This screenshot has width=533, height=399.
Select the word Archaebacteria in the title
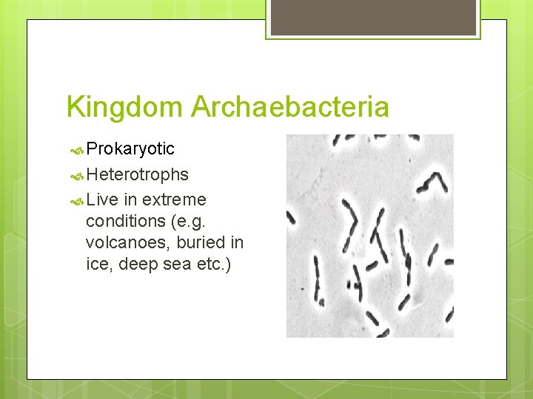(x=289, y=107)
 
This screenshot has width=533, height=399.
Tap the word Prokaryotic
(x=130, y=149)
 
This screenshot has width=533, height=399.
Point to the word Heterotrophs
(x=137, y=175)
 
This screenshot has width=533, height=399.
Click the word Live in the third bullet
(x=101, y=200)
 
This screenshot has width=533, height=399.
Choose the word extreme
(x=174, y=200)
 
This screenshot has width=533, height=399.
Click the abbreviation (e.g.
(x=191, y=221)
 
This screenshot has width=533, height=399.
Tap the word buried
(x=198, y=242)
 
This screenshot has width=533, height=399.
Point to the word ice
(x=96, y=264)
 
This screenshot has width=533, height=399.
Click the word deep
(x=134, y=264)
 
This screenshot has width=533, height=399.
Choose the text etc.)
(x=213, y=264)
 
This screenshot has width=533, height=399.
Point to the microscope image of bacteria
(x=369, y=236)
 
